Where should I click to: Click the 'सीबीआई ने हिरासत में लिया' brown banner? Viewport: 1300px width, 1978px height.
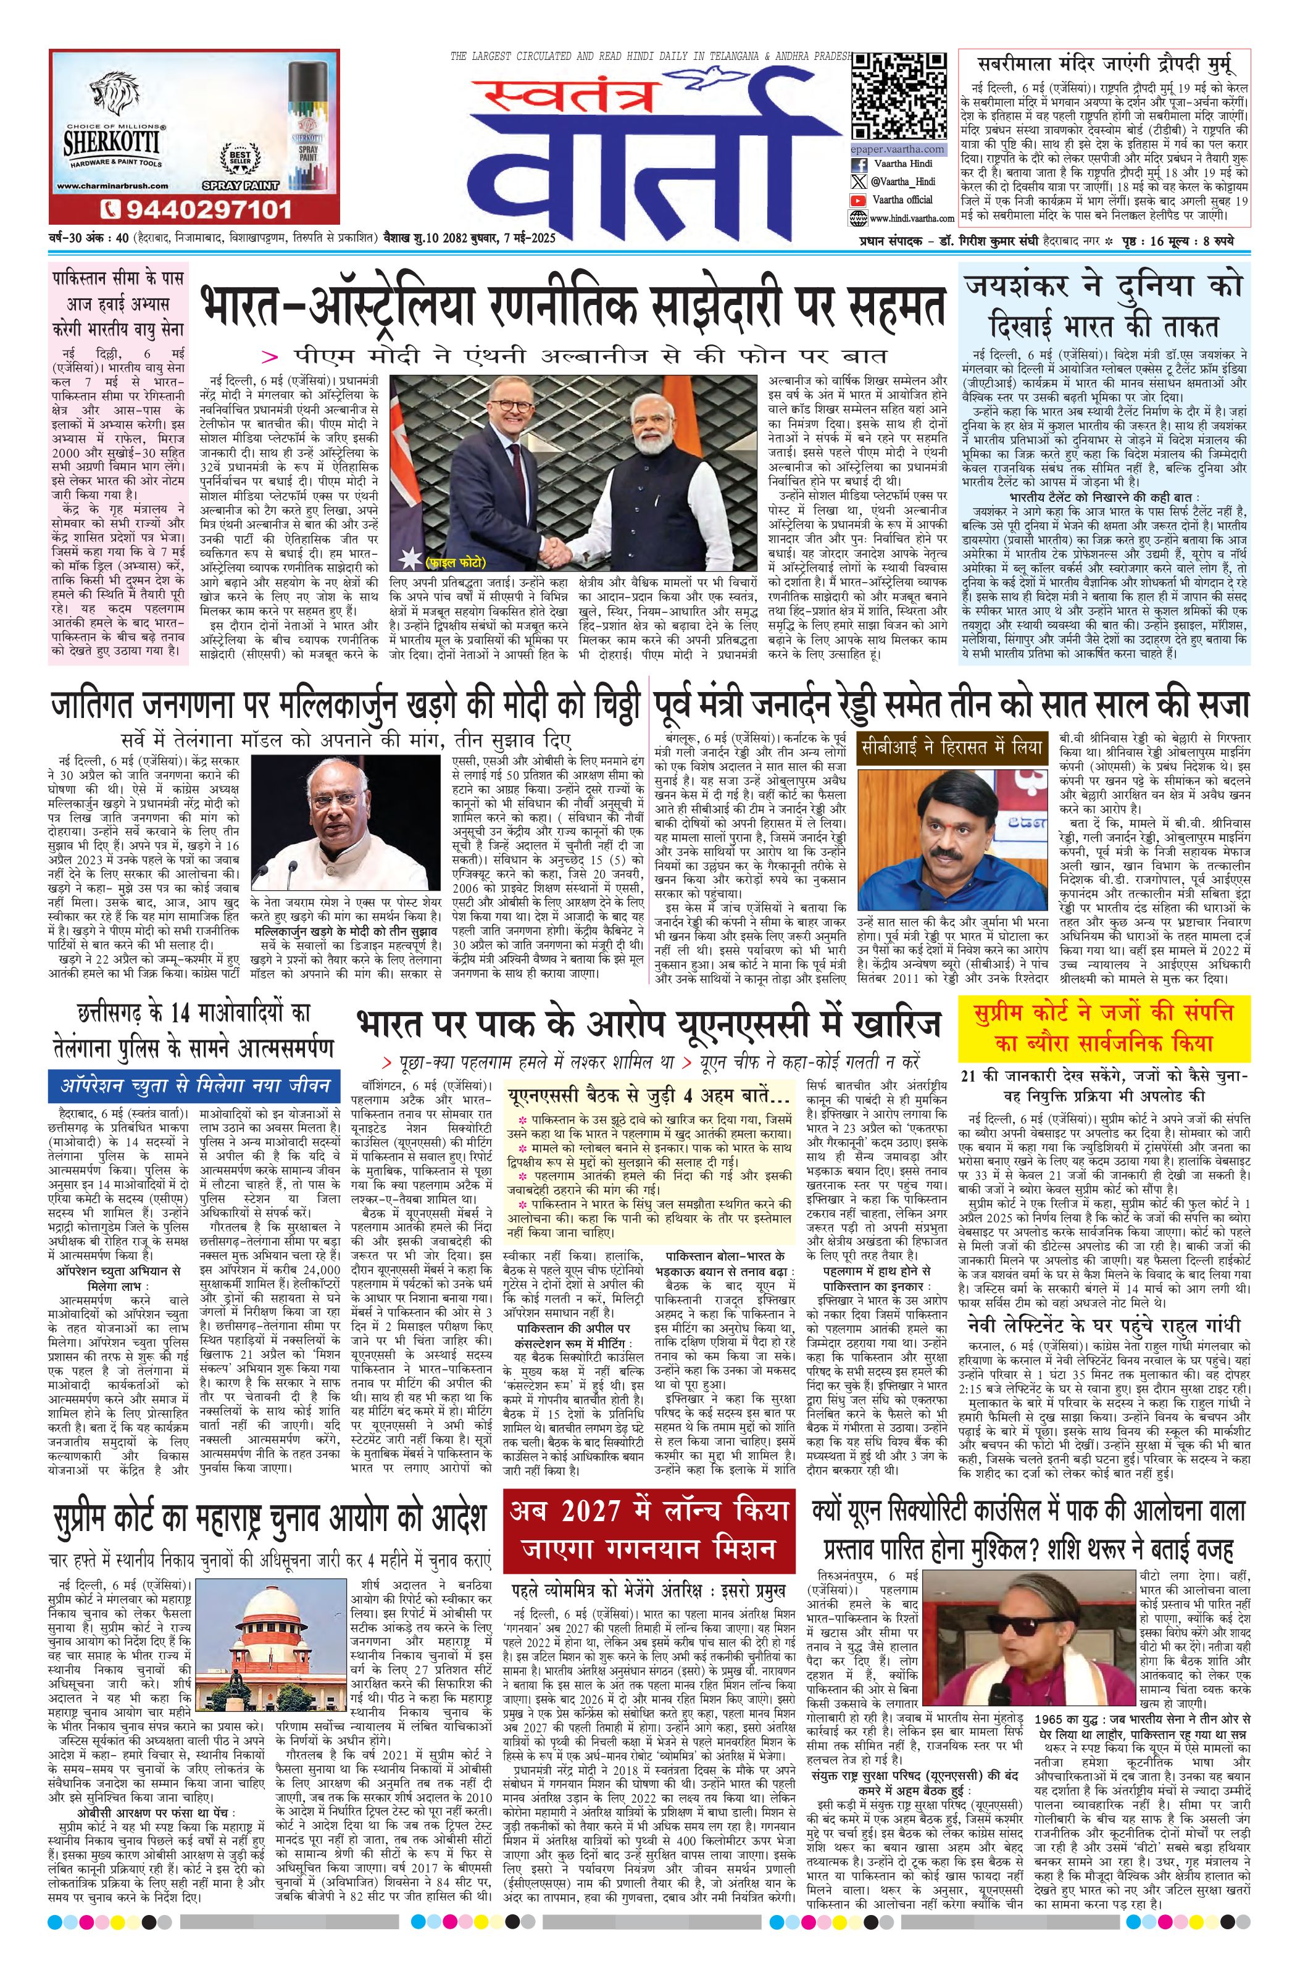[x=952, y=746]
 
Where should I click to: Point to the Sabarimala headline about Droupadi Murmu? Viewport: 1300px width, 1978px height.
[x=1104, y=63]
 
